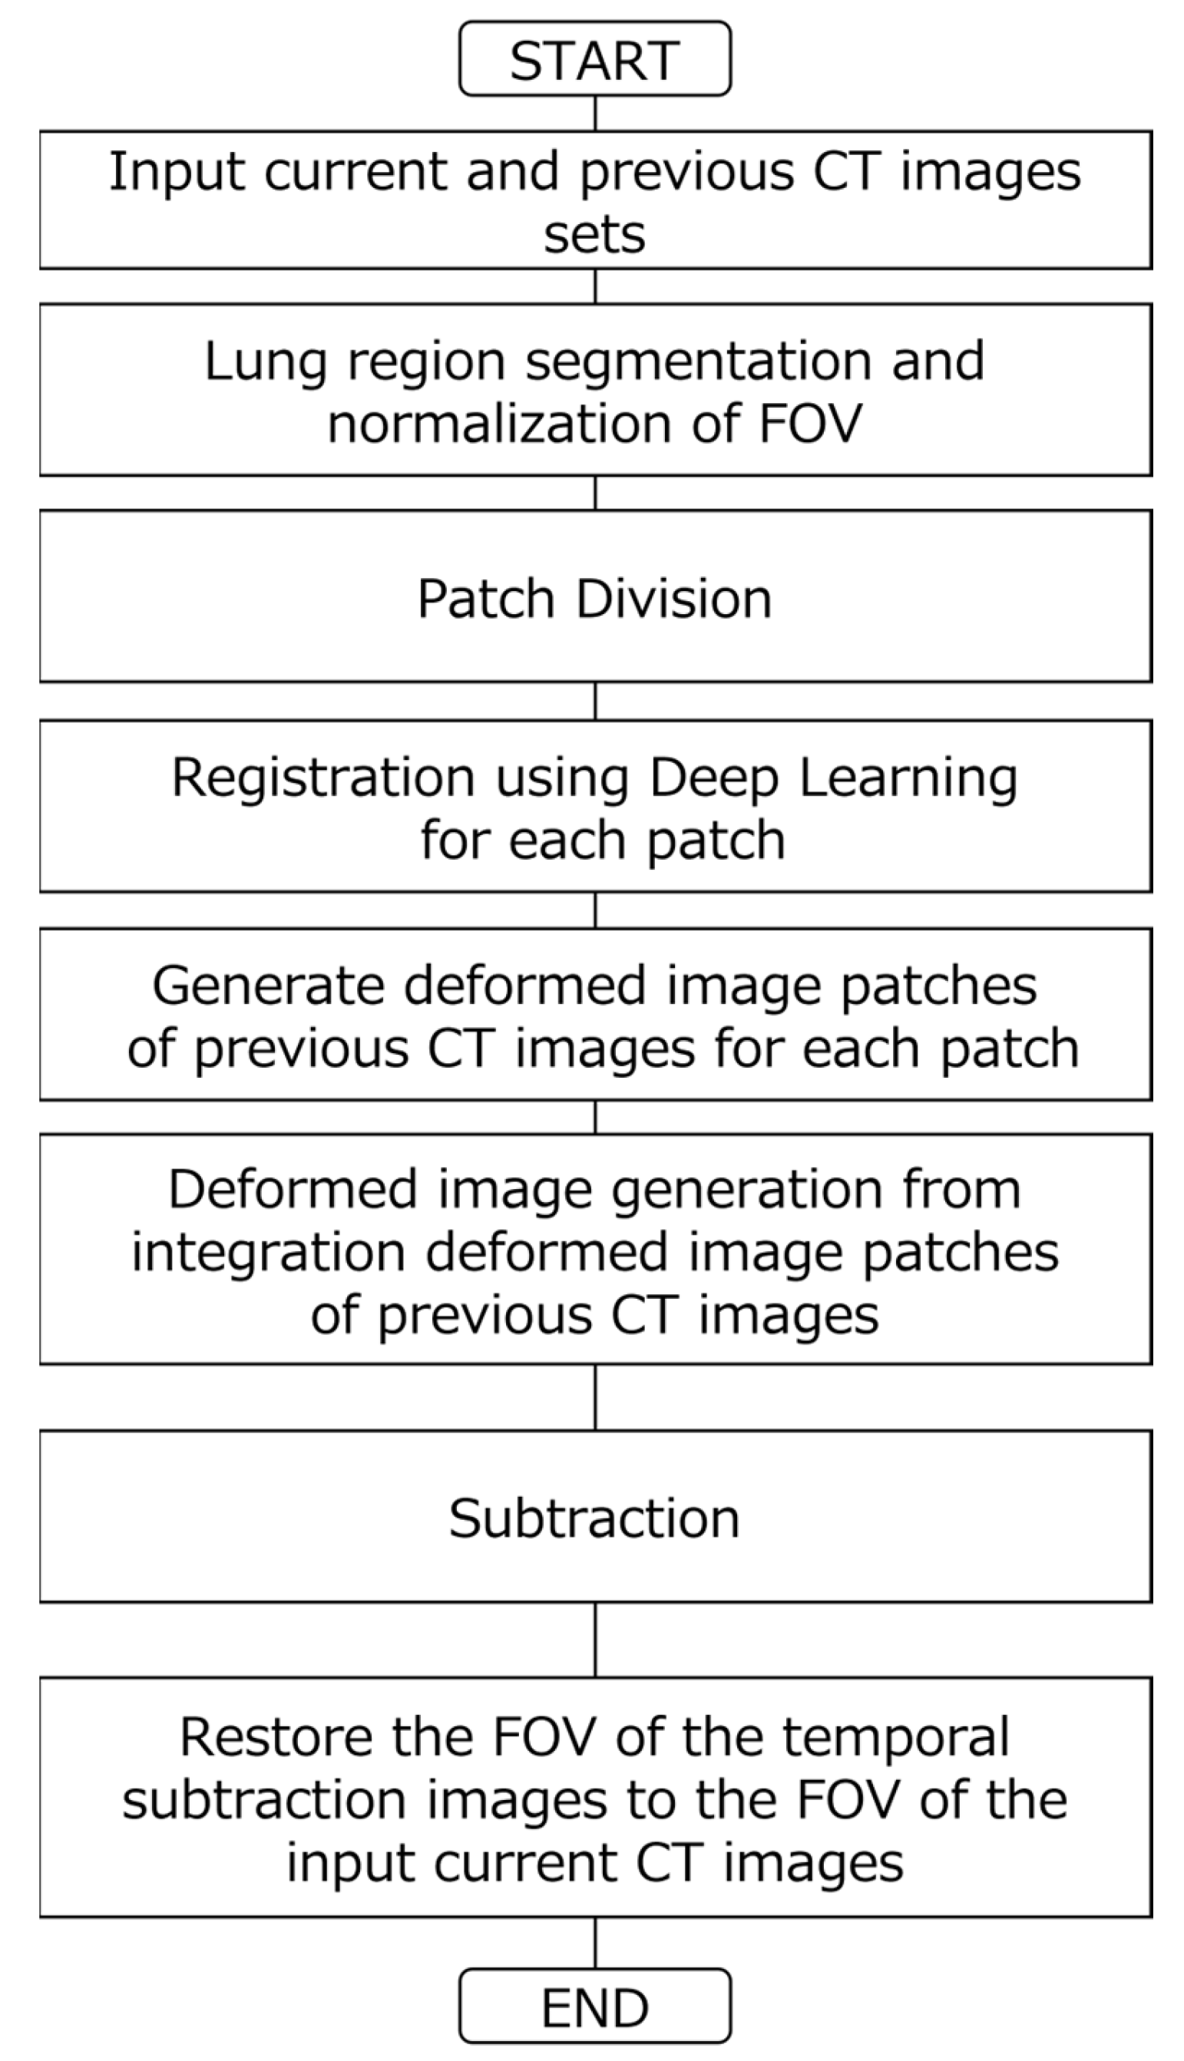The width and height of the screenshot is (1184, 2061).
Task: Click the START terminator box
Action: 594,59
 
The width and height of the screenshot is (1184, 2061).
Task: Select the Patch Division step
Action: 594,599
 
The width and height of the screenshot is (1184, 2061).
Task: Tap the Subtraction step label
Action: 594,1518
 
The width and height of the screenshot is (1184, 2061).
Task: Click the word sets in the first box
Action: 594,235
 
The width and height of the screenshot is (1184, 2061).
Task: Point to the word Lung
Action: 264,362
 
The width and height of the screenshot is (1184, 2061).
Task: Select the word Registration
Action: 322,778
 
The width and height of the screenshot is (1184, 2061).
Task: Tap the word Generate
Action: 267,986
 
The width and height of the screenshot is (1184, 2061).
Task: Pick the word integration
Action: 268,1253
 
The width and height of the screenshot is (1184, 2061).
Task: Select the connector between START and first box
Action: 595,113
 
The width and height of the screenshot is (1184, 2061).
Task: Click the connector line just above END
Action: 595,1942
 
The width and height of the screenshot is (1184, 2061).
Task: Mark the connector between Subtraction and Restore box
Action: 595,1640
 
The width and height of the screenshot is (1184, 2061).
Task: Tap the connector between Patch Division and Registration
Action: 595,701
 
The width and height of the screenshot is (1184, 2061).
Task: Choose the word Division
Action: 673,599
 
